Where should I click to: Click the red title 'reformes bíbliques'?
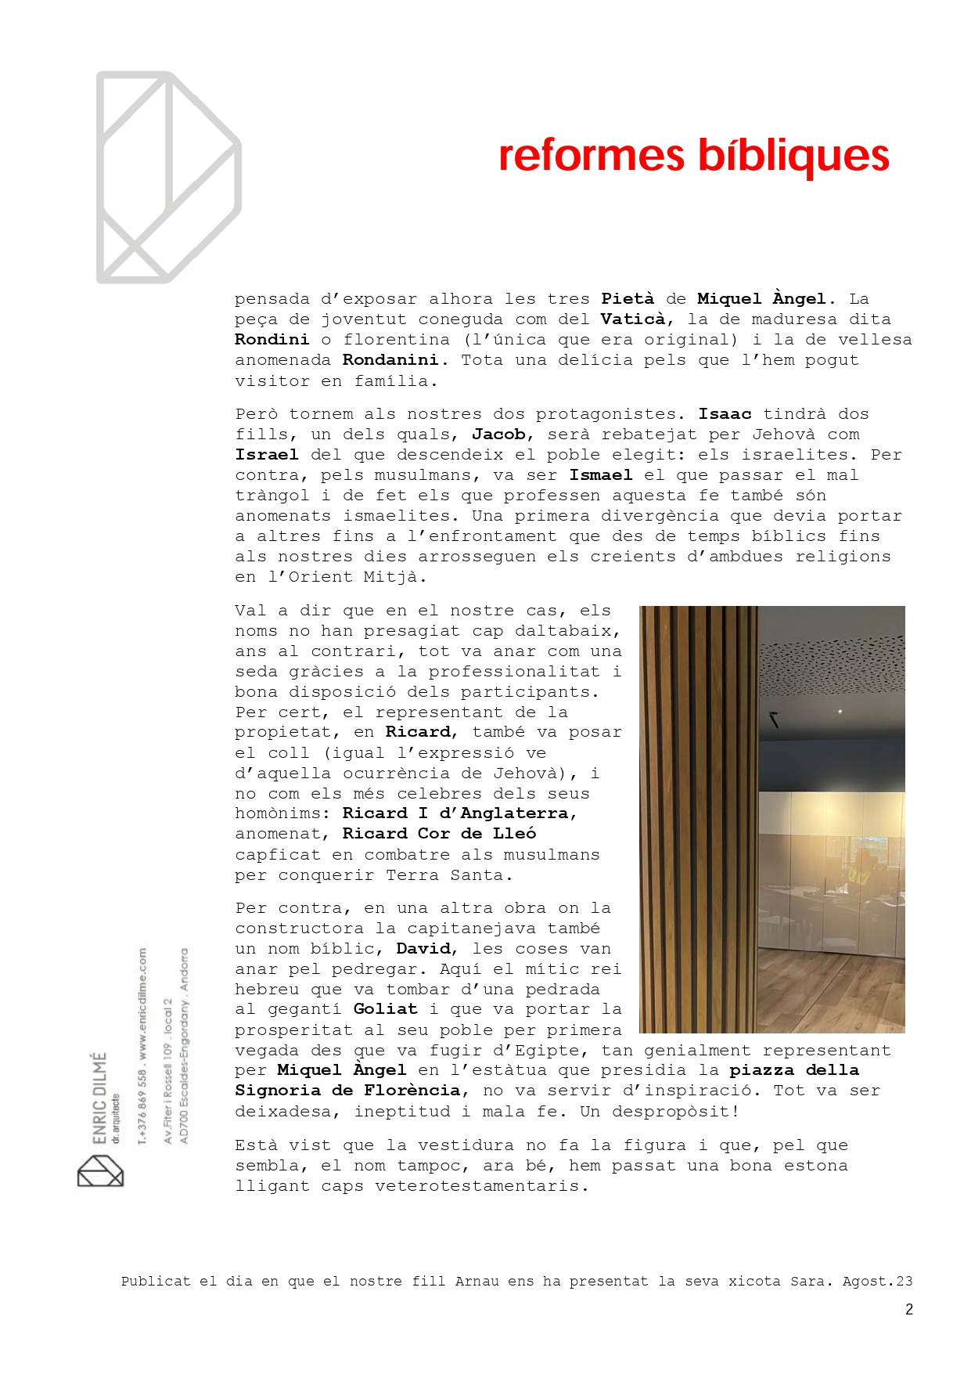pos(693,156)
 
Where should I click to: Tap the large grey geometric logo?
pos(168,178)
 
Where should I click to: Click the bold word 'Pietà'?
pos(628,299)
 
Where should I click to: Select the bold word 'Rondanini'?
pos(390,360)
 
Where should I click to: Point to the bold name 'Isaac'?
pos(725,414)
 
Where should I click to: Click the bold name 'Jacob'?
pos(498,435)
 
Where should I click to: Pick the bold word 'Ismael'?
pos(600,475)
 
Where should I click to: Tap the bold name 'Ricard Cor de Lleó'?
pos(439,834)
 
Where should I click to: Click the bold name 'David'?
pos(423,949)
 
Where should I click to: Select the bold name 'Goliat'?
pos(385,1010)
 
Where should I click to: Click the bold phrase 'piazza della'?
pos(794,1070)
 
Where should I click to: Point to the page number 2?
pos(908,1310)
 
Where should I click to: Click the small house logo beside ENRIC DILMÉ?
pos(100,1171)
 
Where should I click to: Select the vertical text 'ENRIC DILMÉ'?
pos(99,1098)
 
